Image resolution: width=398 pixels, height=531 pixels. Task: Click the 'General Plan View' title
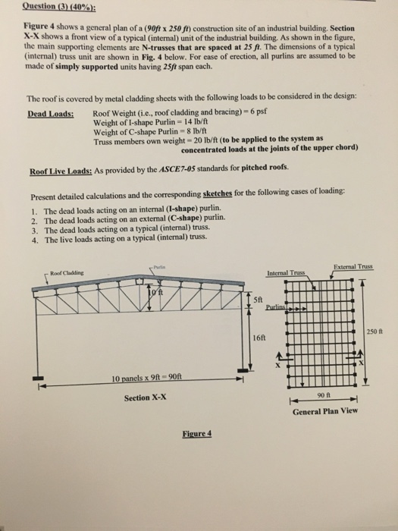(x=325, y=412)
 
